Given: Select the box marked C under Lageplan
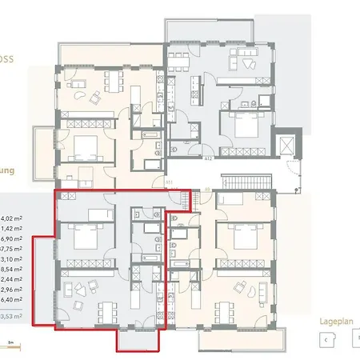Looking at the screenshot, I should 326,338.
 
